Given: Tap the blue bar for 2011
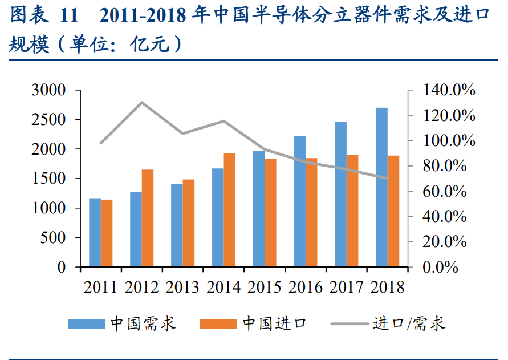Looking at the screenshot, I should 95,232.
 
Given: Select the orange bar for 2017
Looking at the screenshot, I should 352,211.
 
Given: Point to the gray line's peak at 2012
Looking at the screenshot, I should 141,103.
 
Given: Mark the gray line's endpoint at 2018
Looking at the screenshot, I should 388,178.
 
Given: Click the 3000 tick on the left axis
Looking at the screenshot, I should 50,91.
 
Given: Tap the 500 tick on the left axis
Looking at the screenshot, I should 55,238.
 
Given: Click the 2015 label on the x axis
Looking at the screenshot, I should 264,286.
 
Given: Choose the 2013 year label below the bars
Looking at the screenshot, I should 182,286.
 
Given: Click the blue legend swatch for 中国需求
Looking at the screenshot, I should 86,324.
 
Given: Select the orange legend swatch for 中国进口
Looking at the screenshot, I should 218,324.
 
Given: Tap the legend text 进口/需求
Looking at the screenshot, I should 409,324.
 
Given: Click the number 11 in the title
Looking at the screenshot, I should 68,16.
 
